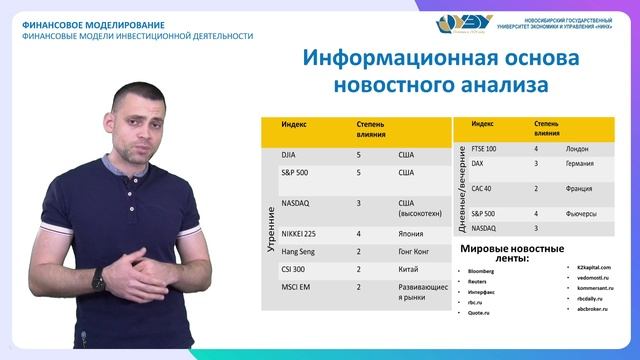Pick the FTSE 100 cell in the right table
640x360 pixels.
(484, 148)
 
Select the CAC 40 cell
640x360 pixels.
(481, 188)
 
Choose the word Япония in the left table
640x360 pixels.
(412, 233)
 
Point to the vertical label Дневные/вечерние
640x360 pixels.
(461, 190)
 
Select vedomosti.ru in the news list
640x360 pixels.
(593, 277)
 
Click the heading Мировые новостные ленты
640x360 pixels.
(512, 253)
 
